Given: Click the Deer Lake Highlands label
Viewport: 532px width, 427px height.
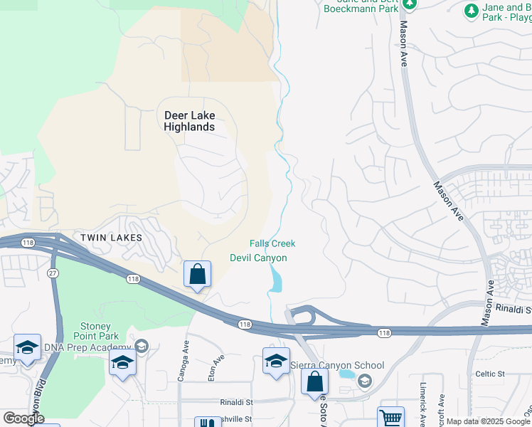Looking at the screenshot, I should click(189, 121).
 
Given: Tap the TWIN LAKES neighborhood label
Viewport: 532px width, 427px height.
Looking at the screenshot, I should click(111, 237).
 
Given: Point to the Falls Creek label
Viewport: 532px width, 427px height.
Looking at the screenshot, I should click(272, 244).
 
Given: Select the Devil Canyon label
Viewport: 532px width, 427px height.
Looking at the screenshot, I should click(258, 258).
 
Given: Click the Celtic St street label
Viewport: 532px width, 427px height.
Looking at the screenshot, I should click(490, 374).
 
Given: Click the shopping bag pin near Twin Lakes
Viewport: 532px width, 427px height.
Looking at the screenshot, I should click(197, 274).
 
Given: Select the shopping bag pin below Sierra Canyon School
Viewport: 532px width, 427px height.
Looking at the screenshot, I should click(314, 381).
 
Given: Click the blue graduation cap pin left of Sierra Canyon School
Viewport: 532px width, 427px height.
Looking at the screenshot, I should click(276, 360).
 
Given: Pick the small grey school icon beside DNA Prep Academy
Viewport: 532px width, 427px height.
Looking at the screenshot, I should click(141, 347).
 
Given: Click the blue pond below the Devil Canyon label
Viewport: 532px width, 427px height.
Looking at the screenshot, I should click(276, 280).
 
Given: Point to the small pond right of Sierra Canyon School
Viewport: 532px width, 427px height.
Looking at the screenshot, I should click(346, 374).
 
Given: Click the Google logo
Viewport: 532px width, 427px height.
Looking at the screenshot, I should click(23, 418).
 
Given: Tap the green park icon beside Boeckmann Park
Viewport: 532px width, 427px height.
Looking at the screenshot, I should click(408, 4).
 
